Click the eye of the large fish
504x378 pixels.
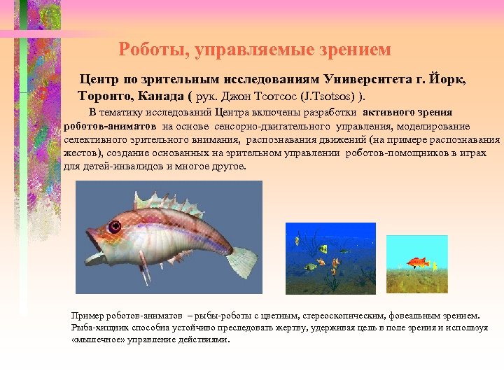pos(114,227)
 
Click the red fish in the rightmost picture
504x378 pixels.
pos(417,262)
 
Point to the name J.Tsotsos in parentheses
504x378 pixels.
pos(339,95)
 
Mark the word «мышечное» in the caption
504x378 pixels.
pos(97,339)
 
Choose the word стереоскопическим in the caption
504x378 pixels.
pos(353,315)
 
